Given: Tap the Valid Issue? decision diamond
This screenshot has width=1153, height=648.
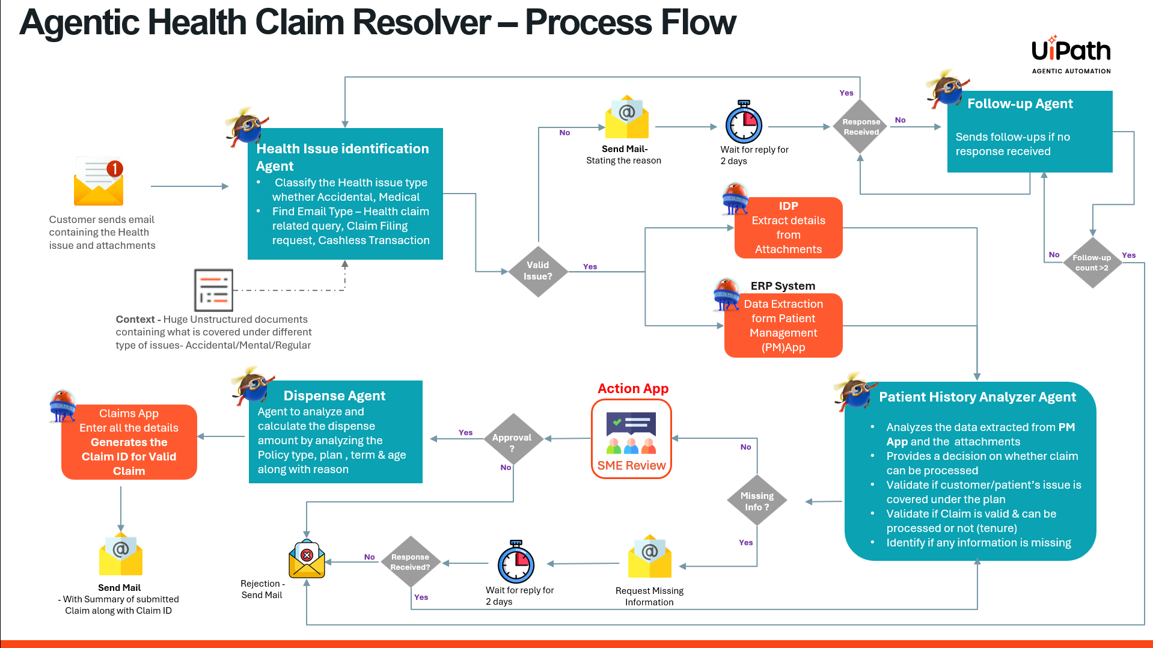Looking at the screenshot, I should [x=537, y=271].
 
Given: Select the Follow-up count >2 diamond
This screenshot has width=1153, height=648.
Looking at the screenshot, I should [x=1092, y=263].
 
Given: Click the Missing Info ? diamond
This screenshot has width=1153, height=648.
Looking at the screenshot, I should [x=757, y=501].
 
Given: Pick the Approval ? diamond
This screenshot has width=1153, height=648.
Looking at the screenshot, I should [x=512, y=439].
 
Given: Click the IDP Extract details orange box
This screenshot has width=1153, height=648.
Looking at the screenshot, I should [x=788, y=228].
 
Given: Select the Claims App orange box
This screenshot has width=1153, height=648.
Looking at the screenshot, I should [x=129, y=442].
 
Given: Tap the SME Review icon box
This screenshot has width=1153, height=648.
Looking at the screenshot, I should [x=631, y=439].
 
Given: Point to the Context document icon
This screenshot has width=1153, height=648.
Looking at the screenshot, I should [x=213, y=290].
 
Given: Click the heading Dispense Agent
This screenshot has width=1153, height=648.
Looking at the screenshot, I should [x=334, y=396].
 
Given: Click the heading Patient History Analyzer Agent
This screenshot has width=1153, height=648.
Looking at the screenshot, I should [x=977, y=397].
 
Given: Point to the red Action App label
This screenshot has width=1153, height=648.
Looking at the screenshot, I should [x=633, y=388].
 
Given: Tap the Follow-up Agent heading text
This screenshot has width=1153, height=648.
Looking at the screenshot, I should [x=1020, y=103].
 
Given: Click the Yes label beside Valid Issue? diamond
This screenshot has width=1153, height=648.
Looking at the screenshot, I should [x=590, y=266].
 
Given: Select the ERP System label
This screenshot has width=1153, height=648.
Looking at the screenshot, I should [x=783, y=286].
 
